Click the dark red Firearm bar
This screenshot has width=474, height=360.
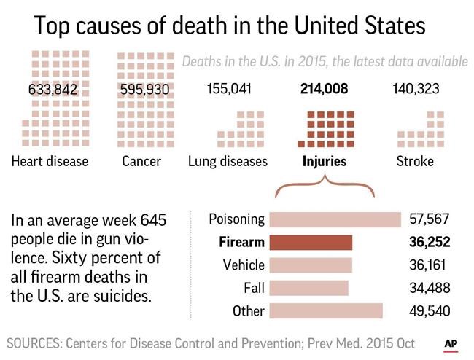coord(311,242)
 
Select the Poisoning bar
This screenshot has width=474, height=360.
coord(335,219)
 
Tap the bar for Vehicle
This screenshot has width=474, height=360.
coord(311,265)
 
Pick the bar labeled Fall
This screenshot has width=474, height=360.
coord(308,288)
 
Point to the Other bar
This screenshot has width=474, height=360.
coord(326,311)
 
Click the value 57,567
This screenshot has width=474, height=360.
coord(430,219)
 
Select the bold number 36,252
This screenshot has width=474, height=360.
coord(430,242)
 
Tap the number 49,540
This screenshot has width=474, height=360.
coord(430,311)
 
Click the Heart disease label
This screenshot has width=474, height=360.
coord(50,161)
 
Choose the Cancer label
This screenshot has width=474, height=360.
coord(141,161)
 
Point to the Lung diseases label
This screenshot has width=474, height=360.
coord(228,161)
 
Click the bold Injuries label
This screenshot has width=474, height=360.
coord(325,161)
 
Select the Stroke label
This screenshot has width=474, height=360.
coord(415,161)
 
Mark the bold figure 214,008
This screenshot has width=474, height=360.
coord(325,90)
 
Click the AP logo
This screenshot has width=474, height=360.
coord(451,343)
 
